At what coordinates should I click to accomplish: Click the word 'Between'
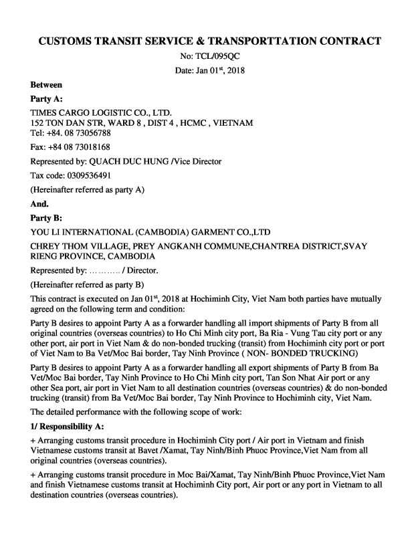47,85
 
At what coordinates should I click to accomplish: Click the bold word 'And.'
40,203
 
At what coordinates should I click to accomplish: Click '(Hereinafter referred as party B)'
88,284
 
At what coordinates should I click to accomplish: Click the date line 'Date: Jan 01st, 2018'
210,70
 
